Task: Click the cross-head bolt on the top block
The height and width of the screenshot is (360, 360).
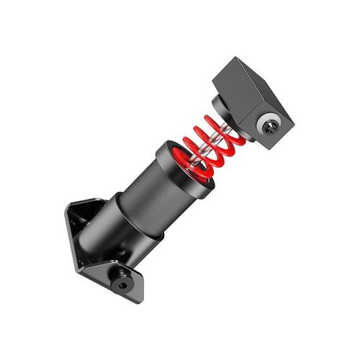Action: (x=272, y=126)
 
